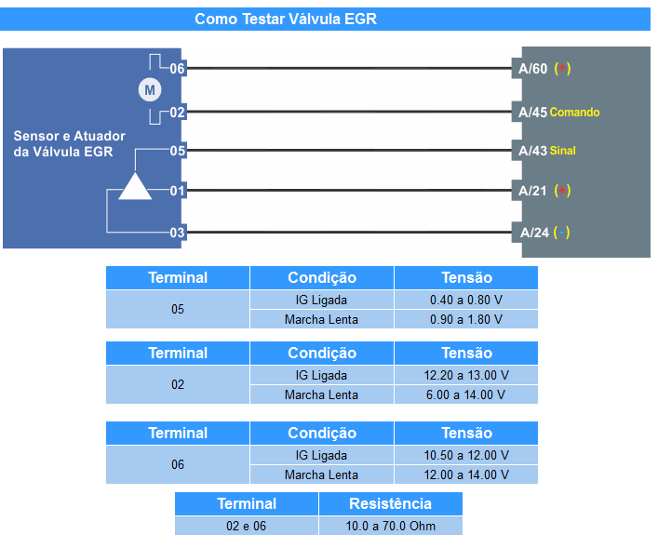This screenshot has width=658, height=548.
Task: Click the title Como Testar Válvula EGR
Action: [286, 19]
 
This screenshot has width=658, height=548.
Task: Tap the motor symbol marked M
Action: [150, 90]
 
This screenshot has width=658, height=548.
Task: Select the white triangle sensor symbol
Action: [135, 186]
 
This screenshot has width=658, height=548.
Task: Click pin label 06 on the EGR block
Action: [177, 69]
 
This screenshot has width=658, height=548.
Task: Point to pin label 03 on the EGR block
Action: [177, 233]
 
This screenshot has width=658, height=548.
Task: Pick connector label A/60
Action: [533, 69]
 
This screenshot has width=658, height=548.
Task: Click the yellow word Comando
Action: [574, 112]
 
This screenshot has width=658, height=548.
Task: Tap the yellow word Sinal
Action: [563, 150]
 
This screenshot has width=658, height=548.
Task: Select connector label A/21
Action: [532, 191]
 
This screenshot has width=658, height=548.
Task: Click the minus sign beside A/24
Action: [561, 232]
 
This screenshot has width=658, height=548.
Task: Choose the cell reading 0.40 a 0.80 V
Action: [465, 300]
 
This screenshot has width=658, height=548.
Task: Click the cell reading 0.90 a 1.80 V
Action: [465, 319]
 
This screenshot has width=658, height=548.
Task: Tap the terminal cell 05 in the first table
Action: [178, 309]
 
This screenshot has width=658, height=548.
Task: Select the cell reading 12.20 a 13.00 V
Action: [465, 375]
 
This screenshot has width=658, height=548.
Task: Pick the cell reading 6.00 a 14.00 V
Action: [465, 394]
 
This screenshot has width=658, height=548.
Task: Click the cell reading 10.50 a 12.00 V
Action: [465, 455]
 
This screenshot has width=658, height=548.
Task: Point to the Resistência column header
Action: [390, 503]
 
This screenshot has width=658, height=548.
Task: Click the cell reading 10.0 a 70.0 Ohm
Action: [390, 526]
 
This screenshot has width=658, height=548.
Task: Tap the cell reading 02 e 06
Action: [247, 526]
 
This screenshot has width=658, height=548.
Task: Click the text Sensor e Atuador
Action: [69, 136]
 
